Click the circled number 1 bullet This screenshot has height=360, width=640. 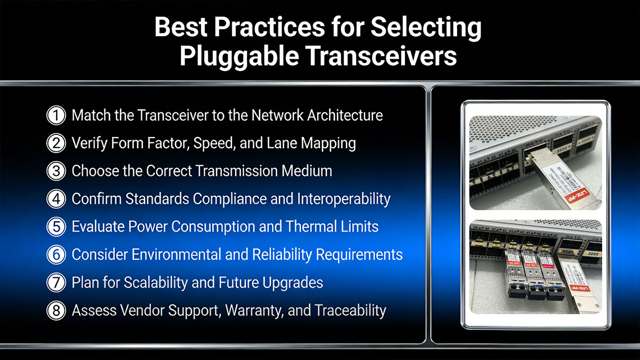point(55,115)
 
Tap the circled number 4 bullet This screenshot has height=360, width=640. point(55,199)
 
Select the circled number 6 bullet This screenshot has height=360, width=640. point(55,254)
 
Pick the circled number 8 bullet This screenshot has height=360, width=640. point(55,310)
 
